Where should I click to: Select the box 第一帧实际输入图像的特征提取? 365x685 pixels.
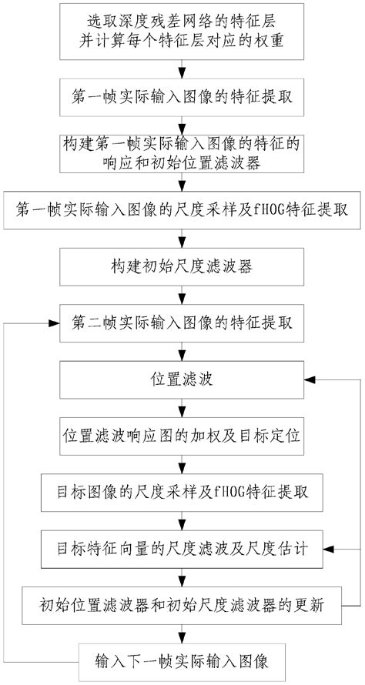[x=182, y=99]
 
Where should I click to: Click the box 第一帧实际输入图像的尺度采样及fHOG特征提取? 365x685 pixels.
[x=182, y=208]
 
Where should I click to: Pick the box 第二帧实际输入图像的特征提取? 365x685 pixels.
[x=182, y=322]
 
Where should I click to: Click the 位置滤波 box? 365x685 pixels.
[x=182, y=379]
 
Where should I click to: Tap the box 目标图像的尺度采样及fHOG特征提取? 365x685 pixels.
[x=182, y=493]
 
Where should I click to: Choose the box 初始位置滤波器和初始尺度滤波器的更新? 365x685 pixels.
[x=182, y=604]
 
